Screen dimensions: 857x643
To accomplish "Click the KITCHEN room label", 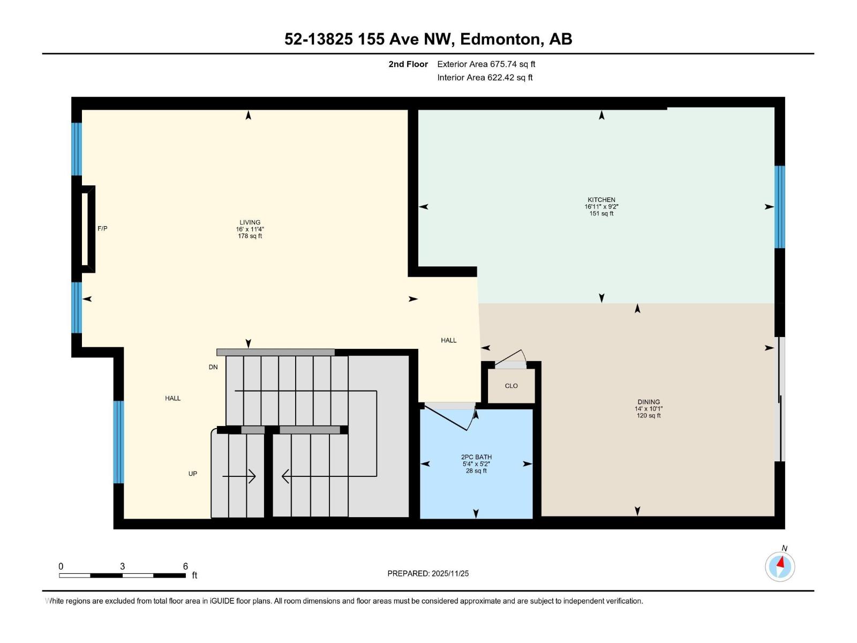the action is click(x=602, y=199).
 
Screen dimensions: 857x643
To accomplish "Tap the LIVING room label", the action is click(x=250, y=222).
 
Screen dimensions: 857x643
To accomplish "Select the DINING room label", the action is click(x=649, y=402).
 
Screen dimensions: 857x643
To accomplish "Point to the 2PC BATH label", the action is click(x=476, y=457).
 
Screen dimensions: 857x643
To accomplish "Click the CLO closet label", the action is click(x=511, y=386).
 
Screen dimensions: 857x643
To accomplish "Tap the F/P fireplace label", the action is click(x=102, y=228).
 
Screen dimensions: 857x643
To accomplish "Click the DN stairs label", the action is click(x=213, y=367).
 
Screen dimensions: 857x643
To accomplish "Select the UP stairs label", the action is click(x=193, y=474).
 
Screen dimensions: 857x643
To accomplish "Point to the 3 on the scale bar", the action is click(x=122, y=566).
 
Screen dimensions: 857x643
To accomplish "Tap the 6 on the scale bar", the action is click(x=185, y=566).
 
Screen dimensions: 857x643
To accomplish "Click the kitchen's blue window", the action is click(x=779, y=207).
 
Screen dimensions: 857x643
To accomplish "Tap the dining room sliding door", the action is click(x=779, y=399).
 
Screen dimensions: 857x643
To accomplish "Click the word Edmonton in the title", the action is click(x=500, y=39).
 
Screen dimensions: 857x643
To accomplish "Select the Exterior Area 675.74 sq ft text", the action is click(x=486, y=64).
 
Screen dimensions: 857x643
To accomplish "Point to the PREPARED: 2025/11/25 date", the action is click(x=428, y=573).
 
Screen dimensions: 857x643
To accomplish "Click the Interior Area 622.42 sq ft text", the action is click(x=485, y=77).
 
